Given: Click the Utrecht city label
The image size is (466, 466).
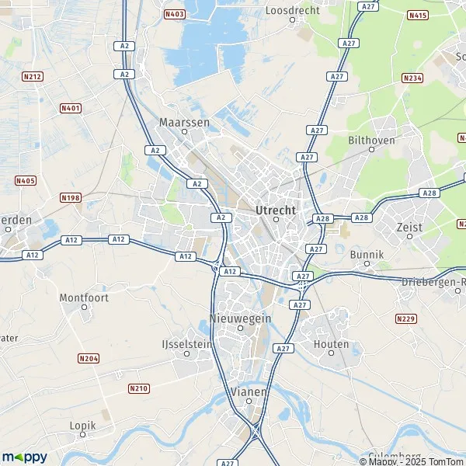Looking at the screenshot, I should tap(275, 210).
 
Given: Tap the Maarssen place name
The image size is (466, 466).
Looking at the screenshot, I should tap(185, 122).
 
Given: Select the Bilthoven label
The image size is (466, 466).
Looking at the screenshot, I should tap(371, 141).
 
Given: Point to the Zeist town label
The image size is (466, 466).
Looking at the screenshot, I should tap(409, 227).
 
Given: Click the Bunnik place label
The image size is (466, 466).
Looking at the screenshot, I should tap(367, 254).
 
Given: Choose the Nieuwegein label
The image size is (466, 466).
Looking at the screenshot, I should tap(240, 318).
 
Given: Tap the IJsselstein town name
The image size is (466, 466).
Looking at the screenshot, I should tap(186, 343).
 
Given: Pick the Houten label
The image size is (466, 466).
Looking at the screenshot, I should tap(332, 344).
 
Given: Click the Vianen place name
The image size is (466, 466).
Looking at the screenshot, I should tap(249, 391).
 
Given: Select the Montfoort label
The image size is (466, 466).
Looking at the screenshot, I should tap(85, 297).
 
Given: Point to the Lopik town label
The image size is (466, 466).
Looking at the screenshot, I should tap(82, 426).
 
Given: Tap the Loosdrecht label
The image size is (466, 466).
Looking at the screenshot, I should tap(292, 10).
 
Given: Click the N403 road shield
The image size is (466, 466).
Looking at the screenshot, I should tap(175, 14).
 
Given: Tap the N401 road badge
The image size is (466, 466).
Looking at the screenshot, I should tap(71, 108).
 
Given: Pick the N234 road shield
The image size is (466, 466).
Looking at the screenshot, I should tap(412, 78).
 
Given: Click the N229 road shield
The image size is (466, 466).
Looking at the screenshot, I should tap(405, 318).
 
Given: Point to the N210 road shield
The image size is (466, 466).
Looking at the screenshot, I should tap(138, 388).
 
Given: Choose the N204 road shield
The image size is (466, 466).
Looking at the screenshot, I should tap(89, 358).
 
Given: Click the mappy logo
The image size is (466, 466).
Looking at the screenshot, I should tap(25, 457).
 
